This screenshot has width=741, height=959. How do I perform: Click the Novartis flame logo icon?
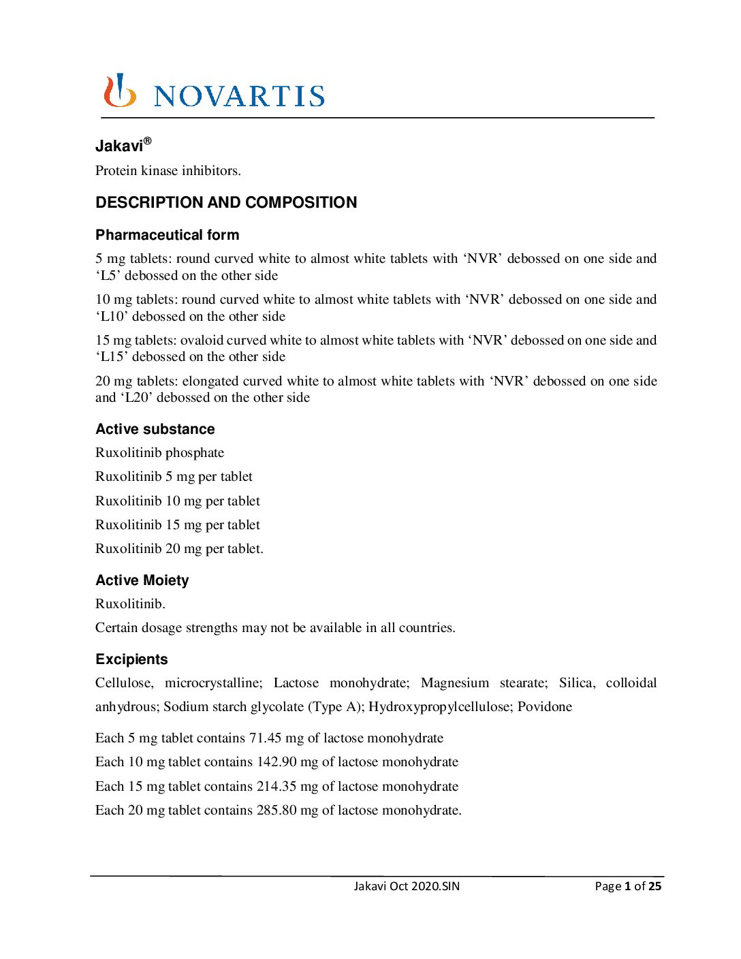[x=119, y=91]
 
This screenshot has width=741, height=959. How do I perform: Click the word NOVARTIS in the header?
[x=239, y=96]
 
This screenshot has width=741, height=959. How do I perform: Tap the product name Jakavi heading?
[x=120, y=146]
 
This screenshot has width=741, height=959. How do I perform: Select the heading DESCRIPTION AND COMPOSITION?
[x=226, y=203]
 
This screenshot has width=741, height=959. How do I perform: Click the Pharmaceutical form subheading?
[x=168, y=235]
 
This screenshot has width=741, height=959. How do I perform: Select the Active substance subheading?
[x=155, y=429]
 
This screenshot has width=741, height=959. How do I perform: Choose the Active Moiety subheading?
[x=142, y=580]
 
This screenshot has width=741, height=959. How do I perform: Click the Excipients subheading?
[x=131, y=659]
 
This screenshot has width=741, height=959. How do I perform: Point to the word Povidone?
[x=545, y=707]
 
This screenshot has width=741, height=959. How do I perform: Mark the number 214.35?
[x=277, y=787]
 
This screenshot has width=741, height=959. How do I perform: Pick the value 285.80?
[x=277, y=811]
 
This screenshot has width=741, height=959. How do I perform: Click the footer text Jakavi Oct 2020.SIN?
[x=407, y=886]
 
